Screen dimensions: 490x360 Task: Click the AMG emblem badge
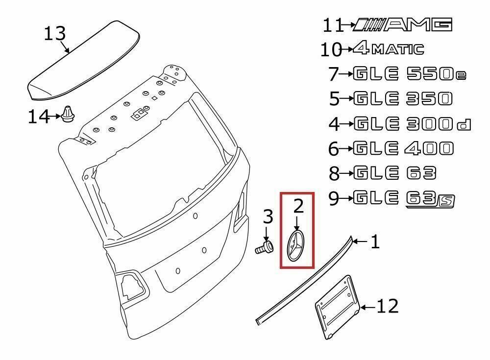pos(402,24)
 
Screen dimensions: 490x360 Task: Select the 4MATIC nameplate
pos(389,49)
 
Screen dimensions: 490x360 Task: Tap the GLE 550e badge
pos(409,74)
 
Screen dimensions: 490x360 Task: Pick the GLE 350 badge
pos(402,99)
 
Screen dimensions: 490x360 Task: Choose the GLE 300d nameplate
pos(412,124)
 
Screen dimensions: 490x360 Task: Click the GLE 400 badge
pos(403,148)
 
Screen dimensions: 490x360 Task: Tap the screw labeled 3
pos(265,247)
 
